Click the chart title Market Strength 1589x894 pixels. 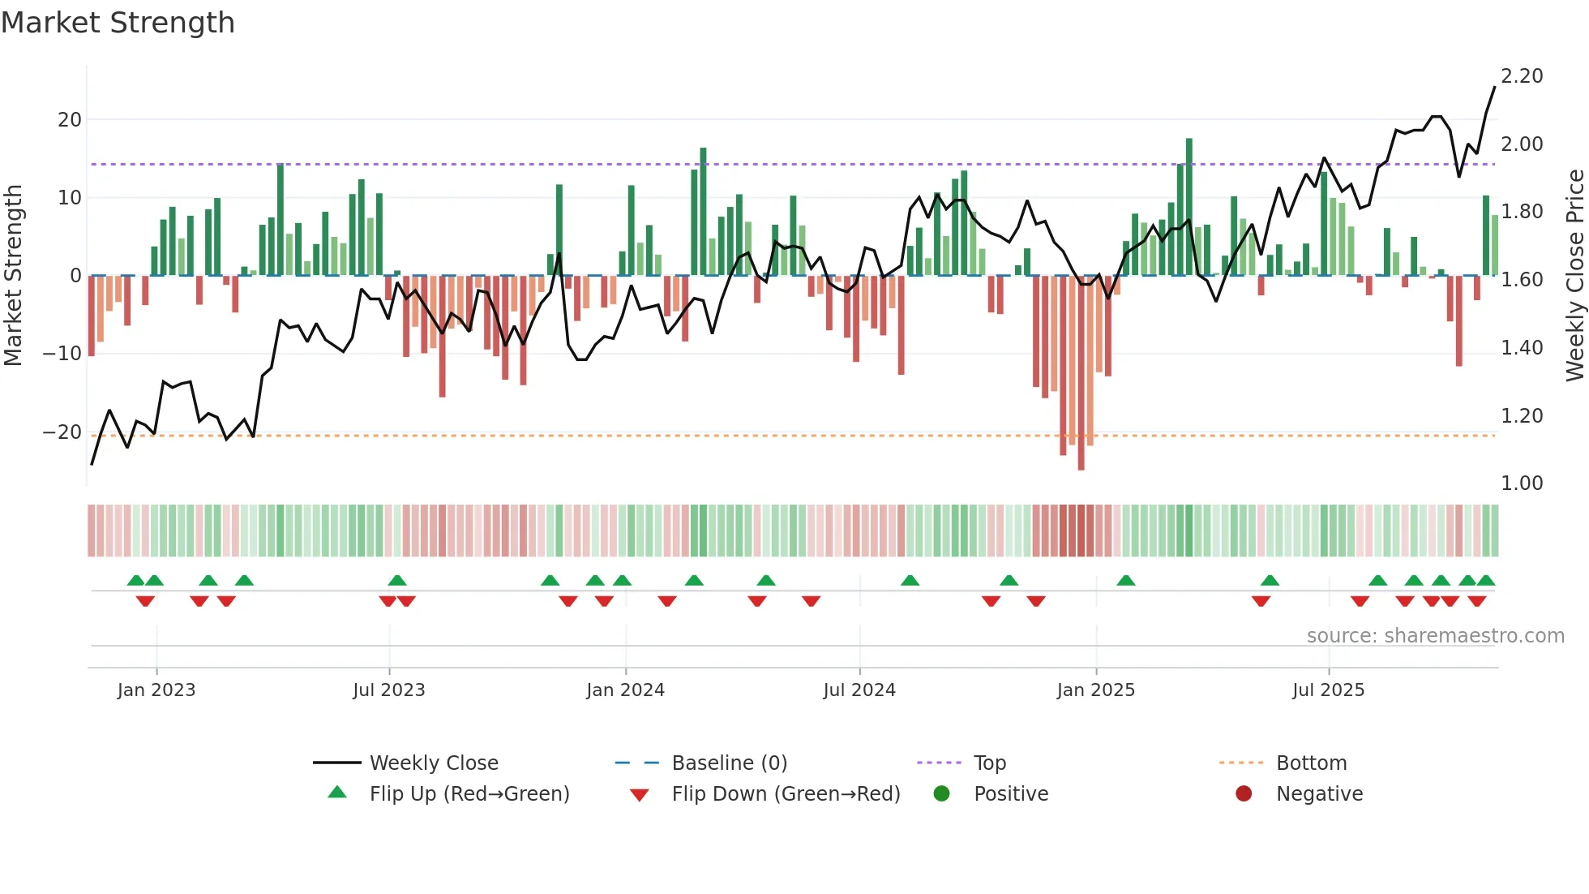coord(118,23)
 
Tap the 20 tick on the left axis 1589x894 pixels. coord(70,120)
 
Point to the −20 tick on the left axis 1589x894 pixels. coord(62,432)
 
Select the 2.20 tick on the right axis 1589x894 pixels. coord(1522,76)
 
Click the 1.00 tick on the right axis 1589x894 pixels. coord(1522,484)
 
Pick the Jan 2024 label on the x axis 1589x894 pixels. coord(625,690)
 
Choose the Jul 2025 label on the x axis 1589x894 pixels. coord(1328,690)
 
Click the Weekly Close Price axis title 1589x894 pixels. coord(1574,276)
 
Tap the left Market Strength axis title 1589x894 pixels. coord(14,276)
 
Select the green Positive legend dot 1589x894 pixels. coord(941,794)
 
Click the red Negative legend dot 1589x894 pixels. coord(1244,794)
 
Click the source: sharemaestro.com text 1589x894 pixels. coord(1435,636)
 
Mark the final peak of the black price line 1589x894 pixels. coord(1494,88)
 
